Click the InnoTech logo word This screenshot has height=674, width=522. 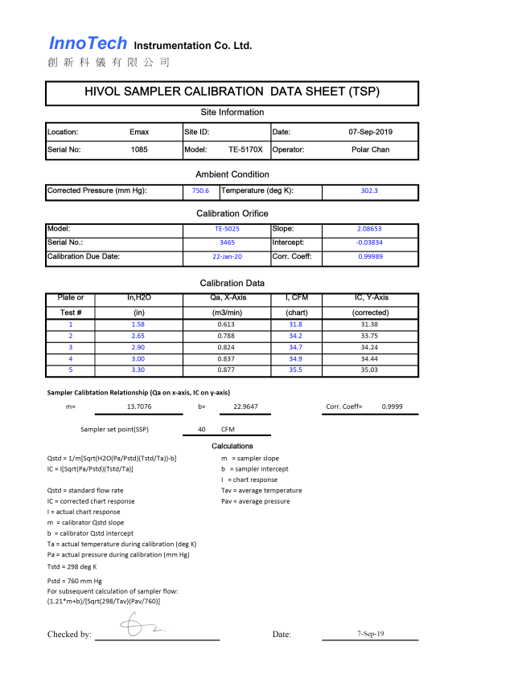click(x=88, y=43)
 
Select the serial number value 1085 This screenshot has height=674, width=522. click(x=139, y=149)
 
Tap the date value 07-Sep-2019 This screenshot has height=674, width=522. click(x=370, y=132)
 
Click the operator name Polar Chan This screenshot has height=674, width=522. click(x=370, y=149)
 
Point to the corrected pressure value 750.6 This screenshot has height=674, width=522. click(x=200, y=191)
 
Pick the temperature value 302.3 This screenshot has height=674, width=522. click(x=370, y=191)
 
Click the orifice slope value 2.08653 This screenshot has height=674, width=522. click(x=370, y=229)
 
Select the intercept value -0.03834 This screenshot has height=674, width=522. click(x=370, y=243)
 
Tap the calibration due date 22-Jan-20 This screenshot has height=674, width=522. click(x=226, y=257)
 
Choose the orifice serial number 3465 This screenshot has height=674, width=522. click(x=226, y=243)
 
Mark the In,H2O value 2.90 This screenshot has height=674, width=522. click(x=139, y=347)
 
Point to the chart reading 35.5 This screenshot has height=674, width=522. click(x=295, y=370)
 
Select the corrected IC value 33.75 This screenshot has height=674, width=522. click(x=370, y=336)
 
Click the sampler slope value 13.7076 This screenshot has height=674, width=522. click(x=139, y=407)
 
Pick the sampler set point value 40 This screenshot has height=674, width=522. click(x=202, y=430)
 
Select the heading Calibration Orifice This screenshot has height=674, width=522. click(x=230, y=214)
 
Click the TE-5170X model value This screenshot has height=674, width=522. click(x=245, y=149)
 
